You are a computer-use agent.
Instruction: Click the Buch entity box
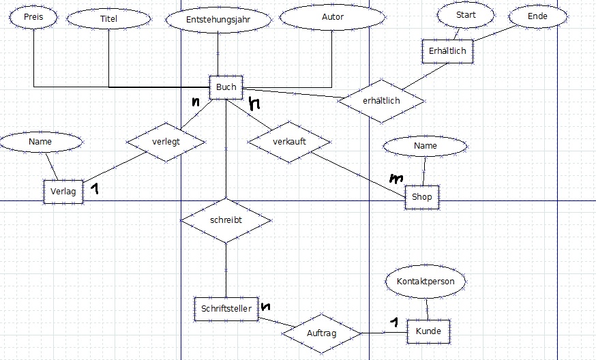[x=226, y=87]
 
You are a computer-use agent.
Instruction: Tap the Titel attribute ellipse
[x=108, y=19]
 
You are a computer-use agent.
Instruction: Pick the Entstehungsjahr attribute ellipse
[x=218, y=20]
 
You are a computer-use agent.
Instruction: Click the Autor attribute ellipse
[x=332, y=17]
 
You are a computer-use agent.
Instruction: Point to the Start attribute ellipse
[x=466, y=14]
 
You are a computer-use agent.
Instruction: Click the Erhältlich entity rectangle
[x=447, y=51]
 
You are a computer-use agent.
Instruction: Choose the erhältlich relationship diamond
[x=382, y=101]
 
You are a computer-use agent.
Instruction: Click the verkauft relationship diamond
[x=289, y=142]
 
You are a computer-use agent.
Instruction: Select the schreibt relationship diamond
[x=226, y=221]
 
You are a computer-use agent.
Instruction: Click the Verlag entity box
[x=63, y=192]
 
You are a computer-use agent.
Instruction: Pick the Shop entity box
[x=422, y=196]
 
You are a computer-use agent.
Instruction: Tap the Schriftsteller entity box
[x=226, y=308]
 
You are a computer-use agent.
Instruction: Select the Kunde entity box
[x=428, y=332]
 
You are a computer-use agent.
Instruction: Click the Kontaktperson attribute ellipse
[x=425, y=281]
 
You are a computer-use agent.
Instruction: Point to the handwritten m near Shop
[x=396, y=178]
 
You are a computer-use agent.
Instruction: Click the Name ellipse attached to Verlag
[x=41, y=142]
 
